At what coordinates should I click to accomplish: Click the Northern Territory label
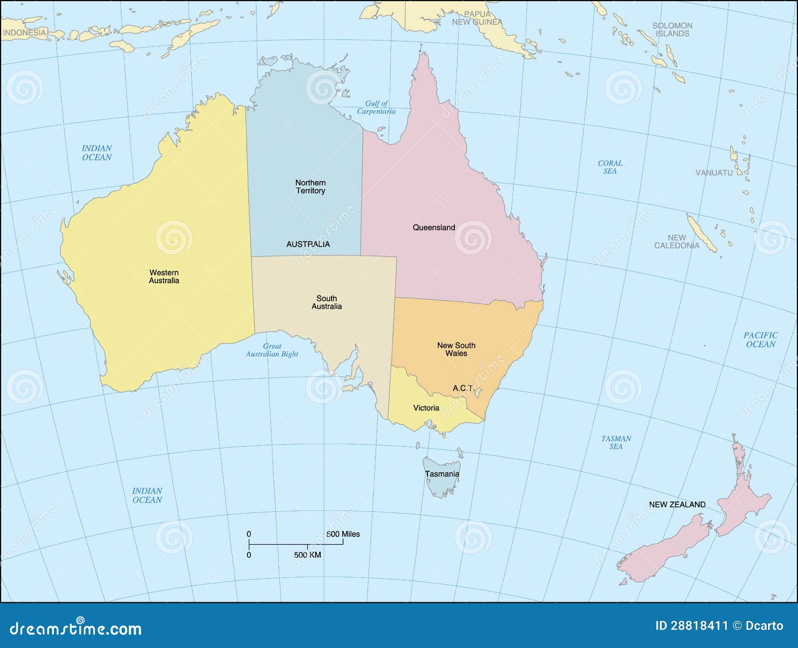tap(310, 187)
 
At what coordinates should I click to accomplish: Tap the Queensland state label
tap(433, 227)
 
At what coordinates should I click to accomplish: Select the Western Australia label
tap(164, 276)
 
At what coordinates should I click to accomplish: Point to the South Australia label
tap(327, 302)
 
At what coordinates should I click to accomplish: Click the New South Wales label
tap(456, 349)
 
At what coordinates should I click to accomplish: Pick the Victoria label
tap(426, 408)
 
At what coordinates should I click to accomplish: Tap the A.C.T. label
tap(463, 388)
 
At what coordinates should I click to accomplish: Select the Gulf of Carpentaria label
tap(376, 107)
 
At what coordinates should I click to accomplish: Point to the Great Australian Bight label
tap(272, 350)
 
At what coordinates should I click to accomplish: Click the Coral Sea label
tap(610, 167)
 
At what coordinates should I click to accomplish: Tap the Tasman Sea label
tap(616, 442)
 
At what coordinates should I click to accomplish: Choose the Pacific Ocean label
tap(760, 340)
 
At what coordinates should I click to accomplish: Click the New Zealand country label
tap(677, 504)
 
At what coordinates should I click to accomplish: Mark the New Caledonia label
tap(677, 242)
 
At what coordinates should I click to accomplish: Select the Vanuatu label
tap(714, 173)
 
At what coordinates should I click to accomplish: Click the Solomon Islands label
tap(672, 29)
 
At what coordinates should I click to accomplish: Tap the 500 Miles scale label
tap(343, 534)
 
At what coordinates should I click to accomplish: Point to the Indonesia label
tap(24, 33)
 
